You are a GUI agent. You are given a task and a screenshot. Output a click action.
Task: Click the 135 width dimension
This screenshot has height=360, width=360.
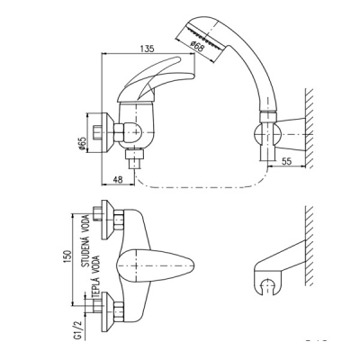click(x=148, y=49)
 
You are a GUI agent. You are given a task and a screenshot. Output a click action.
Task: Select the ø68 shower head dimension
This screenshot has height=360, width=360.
click(x=197, y=47)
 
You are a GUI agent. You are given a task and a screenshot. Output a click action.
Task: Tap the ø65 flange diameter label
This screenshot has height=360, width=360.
click(x=82, y=144)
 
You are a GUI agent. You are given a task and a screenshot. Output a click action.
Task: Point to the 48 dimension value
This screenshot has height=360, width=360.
click(x=119, y=179)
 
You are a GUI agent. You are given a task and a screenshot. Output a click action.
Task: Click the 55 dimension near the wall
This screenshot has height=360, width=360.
click(x=287, y=161)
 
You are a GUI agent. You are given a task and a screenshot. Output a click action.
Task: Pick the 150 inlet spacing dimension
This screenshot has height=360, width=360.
click(x=67, y=256)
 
